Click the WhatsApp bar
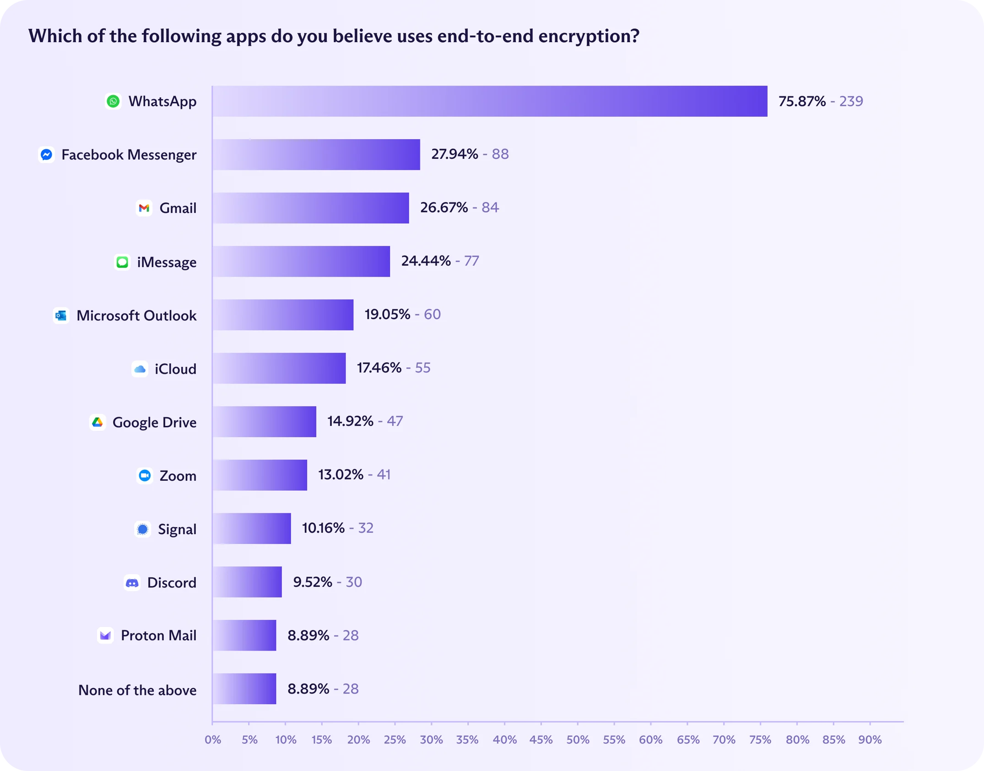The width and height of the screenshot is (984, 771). click(490, 101)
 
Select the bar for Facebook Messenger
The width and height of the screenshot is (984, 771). click(316, 155)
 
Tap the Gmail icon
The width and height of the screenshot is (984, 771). click(144, 208)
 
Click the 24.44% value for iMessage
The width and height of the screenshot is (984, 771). click(426, 261)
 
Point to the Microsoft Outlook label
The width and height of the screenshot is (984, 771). click(136, 315)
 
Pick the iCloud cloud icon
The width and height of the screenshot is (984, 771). click(140, 369)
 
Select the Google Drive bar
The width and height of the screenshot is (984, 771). click(264, 422)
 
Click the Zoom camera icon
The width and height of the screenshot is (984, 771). click(145, 476)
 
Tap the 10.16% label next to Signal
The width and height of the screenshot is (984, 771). click(323, 528)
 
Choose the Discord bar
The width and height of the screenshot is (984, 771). click(247, 582)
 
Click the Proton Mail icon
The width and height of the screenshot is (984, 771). click(106, 635)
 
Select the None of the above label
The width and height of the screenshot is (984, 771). click(137, 690)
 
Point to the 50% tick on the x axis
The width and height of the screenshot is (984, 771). click(578, 740)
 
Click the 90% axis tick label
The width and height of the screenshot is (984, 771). click(870, 740)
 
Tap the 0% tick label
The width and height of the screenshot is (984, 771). click(213, 740)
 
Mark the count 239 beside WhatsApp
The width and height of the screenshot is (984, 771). click(851, 101)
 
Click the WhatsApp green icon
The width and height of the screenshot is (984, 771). click(113, 101)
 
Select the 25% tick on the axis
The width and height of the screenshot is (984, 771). click(395, 740)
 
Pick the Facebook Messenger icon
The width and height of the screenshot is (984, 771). click(46, 155)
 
